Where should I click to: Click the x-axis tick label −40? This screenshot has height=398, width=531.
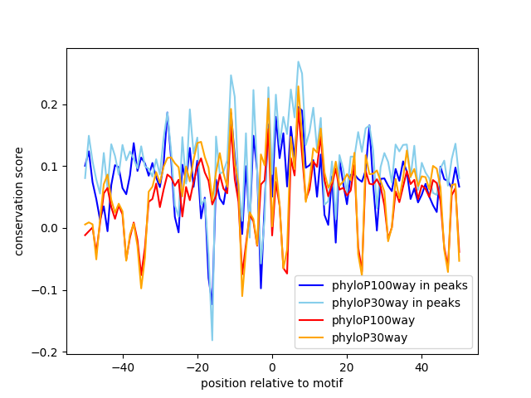pyautogui.click(x=122, y=366)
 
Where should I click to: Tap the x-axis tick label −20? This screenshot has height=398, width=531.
pyautogui.click(x=197, y=366)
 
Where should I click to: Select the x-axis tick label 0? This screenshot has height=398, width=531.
pyautogui.click(x=272, y=366)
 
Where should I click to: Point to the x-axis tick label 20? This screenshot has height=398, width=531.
pyautogui.click(x=347, y=366)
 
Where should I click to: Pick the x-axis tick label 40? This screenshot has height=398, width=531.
pyautogui.click(x=421, y=366)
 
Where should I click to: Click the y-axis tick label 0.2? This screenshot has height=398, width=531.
pyautogui.click(x=51, y=104)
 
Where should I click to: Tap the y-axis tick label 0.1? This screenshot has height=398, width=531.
pyautogui.click(x=51, y=167)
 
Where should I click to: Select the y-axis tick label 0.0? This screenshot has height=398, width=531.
pyautogui.click(x=51, y=228)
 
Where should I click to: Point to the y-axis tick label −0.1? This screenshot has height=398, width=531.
pyautogui.click(x=47, y=290)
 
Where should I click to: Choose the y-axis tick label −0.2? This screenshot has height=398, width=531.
pyautogui.click(x=47, y=352)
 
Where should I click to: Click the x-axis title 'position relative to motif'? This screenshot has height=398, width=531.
pyautogui.click(x=272, y=383)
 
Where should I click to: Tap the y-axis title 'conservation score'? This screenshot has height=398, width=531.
pyautogui.click(x=19, y=201)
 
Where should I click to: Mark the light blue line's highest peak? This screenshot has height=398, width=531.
pyautogui.click(x=298, y=61)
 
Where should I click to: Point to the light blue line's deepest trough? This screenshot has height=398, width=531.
pyautogui.click(x=212, y=340)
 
